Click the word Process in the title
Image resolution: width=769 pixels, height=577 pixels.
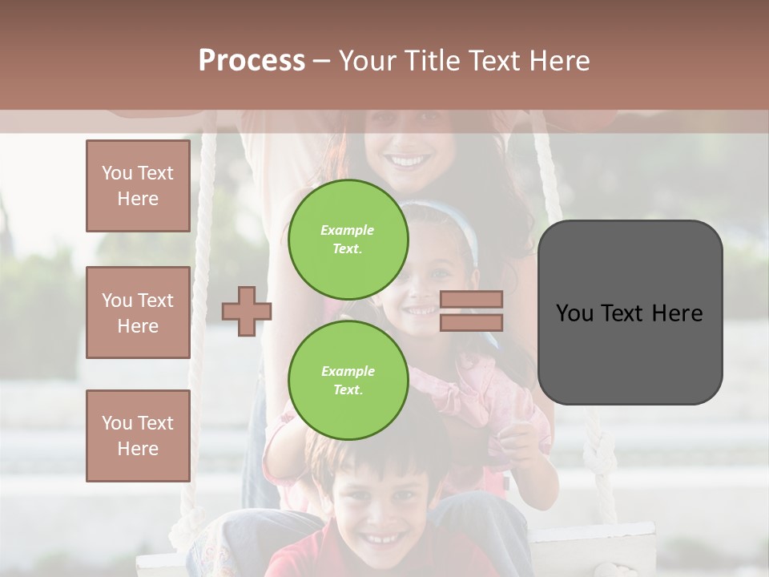[x=252, y=61]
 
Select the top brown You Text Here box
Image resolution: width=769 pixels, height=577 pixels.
[x=138, y=186]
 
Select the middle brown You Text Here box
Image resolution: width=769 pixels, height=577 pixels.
[x=138, y=313]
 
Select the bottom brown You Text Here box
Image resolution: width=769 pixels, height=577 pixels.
[x=138, y=436]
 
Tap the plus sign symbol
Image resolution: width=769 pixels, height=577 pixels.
[x=247, y=312]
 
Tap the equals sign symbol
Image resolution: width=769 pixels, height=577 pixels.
[x=472, y=311]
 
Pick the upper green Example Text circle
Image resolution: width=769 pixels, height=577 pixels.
[x=348, y=239]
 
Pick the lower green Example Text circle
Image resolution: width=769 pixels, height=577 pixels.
[x=348, y=380]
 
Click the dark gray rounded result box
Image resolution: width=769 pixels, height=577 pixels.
[x=630, y=312]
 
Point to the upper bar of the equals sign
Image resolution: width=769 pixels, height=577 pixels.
[x=472, y=300]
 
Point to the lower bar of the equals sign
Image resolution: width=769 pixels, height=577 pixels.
[x=472, y=322]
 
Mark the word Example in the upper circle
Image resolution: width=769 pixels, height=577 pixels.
[x=347, y=230]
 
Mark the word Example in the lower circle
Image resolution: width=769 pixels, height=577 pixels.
[x=348, y=371]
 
